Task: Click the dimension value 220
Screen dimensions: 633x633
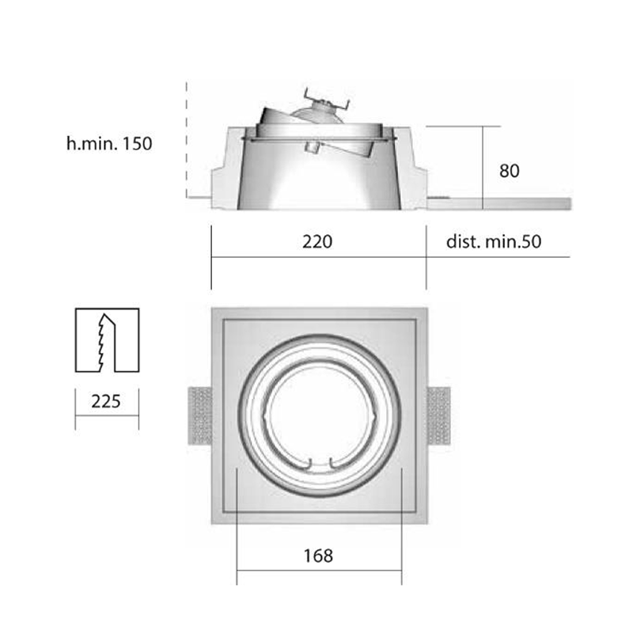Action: coord(318,241)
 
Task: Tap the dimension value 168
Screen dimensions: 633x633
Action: coord(318,555)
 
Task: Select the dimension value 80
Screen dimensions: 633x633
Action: coord(510,170)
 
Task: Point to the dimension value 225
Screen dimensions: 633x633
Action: coord(106,401)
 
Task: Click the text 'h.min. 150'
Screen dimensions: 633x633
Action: coord(109,144)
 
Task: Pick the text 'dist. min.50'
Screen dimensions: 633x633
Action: coord(494,241)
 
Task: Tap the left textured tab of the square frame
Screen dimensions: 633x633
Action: coord(200,416)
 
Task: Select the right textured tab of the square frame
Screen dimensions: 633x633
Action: coord(438,416)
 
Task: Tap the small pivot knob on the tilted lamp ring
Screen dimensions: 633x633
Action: coord(312,147)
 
